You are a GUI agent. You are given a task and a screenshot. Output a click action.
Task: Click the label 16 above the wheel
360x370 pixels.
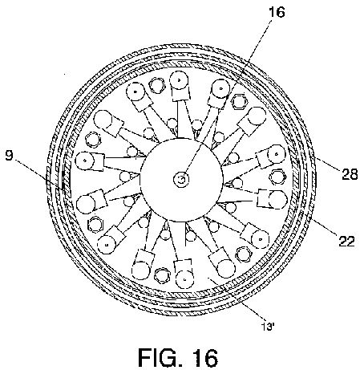coord(277,12)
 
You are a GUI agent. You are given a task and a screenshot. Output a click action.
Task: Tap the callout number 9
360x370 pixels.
coord(9,156)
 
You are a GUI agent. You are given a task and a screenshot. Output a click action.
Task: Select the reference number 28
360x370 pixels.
coord(350,174)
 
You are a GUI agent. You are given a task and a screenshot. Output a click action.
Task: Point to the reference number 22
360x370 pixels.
coord(346,241)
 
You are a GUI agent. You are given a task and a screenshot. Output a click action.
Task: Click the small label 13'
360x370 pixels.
coord(268,327)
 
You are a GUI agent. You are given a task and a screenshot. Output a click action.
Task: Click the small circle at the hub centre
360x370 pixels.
coord(181,179)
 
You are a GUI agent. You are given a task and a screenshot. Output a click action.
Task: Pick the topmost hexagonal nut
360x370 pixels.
coord(157,85)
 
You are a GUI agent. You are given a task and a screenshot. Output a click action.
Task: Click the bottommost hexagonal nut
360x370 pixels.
coord(163,275)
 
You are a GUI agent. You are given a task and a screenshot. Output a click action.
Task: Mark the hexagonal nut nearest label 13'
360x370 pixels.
coord(243,254)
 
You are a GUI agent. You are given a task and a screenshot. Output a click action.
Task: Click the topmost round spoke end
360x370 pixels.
coord(180,80)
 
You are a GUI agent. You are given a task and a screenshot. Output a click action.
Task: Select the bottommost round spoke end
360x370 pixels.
coord(184,279)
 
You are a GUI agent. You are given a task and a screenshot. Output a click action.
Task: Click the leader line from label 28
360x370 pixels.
coord(328,163)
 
